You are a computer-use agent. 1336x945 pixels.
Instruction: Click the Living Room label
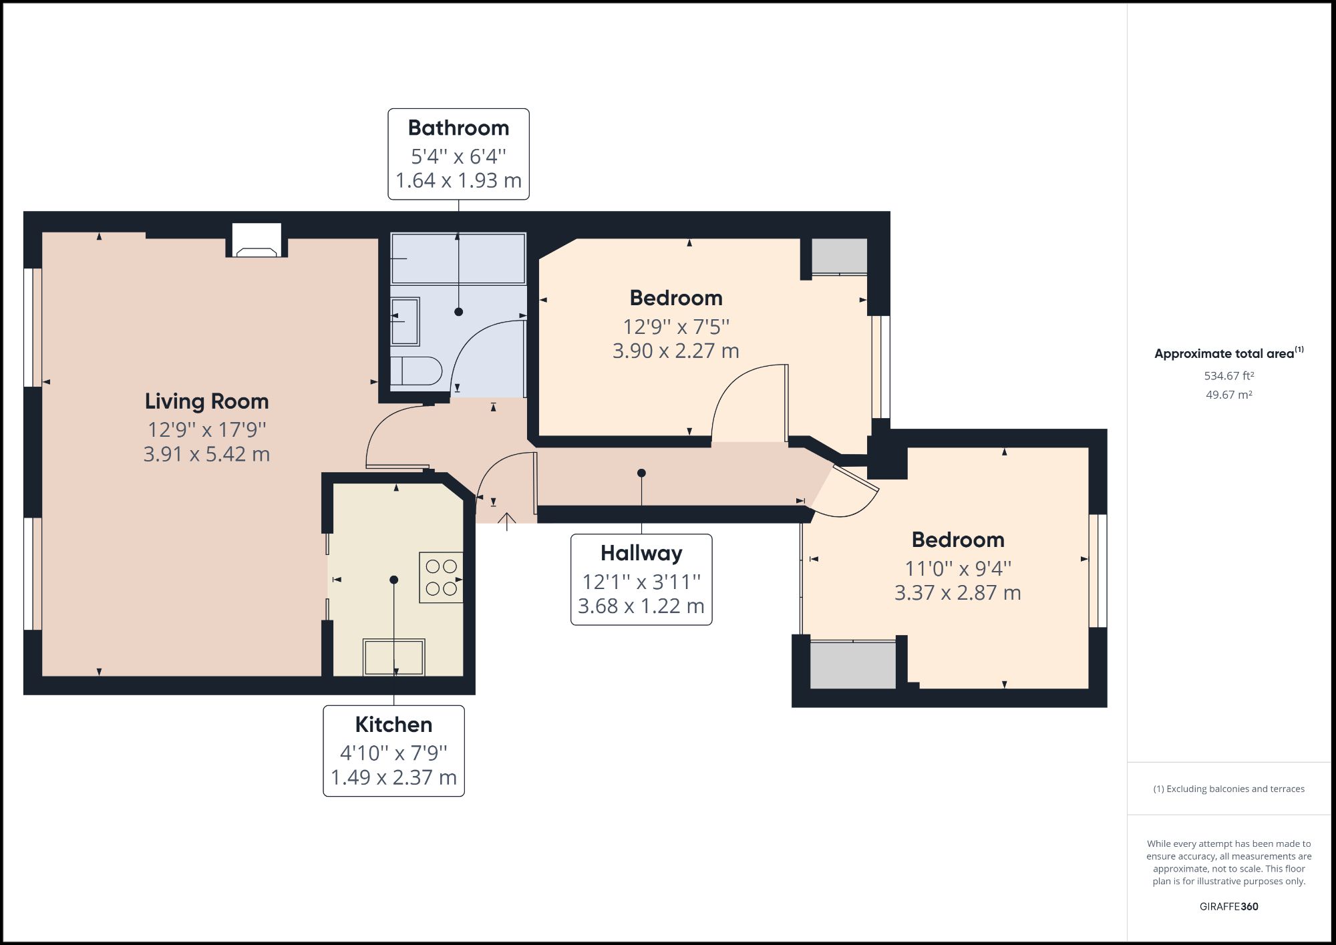click(x=207, y=401)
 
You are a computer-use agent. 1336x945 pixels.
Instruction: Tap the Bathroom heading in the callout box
click(x=458, y=128)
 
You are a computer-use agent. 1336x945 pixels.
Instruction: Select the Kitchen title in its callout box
click(x=393, y=725)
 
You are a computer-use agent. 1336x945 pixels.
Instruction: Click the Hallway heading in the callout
click(x=641, y=554)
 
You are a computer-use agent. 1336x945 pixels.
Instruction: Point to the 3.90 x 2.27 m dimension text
click(x=676, y=351)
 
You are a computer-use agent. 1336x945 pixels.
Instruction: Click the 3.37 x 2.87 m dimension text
click(x=958, y=593)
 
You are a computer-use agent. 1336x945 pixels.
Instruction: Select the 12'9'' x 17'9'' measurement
click(x=207, y=429)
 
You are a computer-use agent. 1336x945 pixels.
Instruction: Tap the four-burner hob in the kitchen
click(x=441, y=578)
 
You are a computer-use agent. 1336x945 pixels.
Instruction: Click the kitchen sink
click(x=393, y=657)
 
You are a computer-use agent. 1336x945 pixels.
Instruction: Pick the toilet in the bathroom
click(x=415, y=371)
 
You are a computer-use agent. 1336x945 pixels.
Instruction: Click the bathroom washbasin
click(x=405, y=321)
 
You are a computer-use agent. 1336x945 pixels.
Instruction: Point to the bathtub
click(x=458, y=258)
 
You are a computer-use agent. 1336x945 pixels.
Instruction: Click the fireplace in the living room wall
click(x=257, y=241)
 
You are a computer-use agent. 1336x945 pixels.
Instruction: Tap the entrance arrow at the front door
click(x=507, y=522)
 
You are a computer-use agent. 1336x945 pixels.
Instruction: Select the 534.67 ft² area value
click(x=1229, y=376)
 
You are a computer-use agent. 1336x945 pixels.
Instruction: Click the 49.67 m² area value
click(x=1229, y=395)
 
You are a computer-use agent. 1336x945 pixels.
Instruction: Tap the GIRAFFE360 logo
click(x=1229, y=906)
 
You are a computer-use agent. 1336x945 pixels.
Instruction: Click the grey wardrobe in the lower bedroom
click(x=853, y=665)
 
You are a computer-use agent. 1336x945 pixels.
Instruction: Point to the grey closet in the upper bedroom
click(x=839, y=256)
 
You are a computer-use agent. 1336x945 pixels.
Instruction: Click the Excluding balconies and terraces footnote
click(x=1229, y=789)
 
